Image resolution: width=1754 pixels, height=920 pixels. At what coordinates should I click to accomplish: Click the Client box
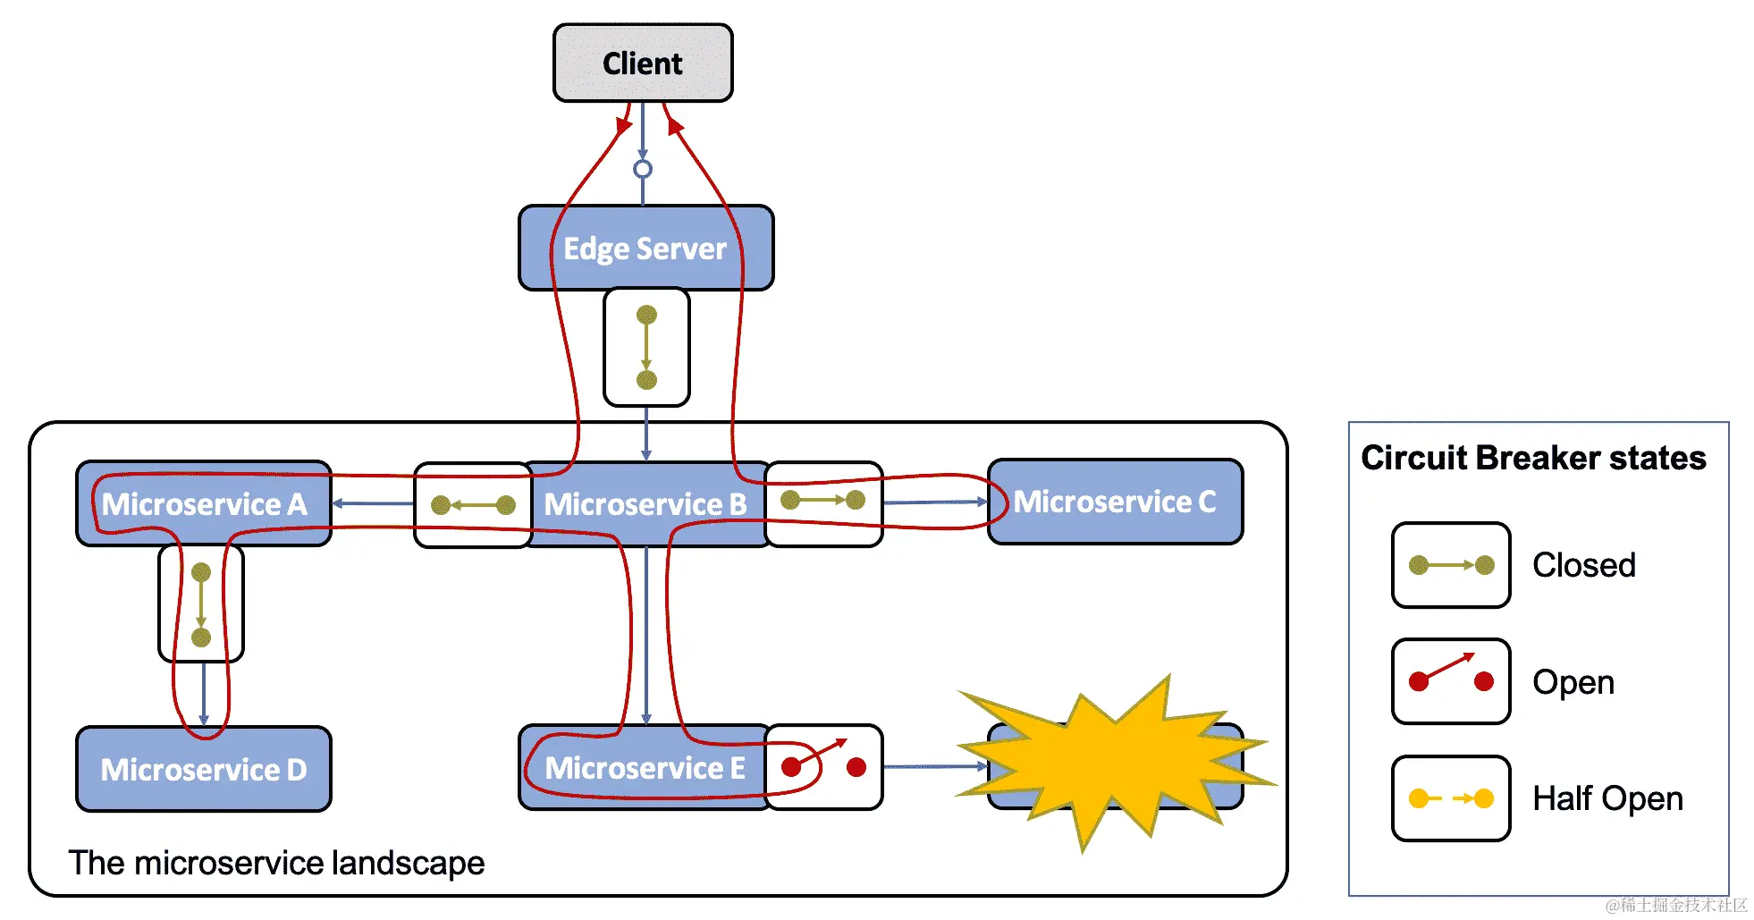(x=643, y=63)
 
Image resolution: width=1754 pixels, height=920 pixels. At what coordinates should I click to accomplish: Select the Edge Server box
(x=645, y=248)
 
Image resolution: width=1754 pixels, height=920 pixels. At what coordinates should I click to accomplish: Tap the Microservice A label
(x=204, y=504)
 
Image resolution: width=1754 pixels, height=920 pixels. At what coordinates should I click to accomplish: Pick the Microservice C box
(x=1115, y=502)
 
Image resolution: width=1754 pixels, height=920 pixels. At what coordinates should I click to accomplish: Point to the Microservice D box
(x=204, y=769)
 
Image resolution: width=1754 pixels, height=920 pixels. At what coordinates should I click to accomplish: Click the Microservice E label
(x=645, y=768)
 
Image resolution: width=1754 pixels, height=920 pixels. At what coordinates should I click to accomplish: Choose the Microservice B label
(x=645, y=504)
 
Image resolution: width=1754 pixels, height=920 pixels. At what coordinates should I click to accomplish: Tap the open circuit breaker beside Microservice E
(x=824, y=767)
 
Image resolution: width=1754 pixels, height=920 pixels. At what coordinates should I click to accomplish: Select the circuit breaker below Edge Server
(x=646, y=347)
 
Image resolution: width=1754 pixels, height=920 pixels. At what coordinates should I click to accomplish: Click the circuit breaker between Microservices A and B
(x=473, y=505)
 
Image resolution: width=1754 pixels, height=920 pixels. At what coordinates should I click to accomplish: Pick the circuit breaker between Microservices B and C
(x=823, y=503)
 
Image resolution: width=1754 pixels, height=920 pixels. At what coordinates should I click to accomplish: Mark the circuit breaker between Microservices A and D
(x=201, y=603)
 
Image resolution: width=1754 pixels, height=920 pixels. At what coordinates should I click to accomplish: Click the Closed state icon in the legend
(x=1451, y=565)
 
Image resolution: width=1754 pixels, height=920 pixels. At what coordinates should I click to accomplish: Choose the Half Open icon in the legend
(x=1451, y=798)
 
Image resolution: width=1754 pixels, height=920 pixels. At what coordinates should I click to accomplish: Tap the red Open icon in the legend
(x=1451, y=681)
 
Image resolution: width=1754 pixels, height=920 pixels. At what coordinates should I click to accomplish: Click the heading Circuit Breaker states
(x=1533, y=458)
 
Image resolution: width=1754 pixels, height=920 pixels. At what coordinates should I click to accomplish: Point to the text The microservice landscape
(x=276, y=863)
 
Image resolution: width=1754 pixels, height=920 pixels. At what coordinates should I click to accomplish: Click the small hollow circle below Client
(x=643, y=169)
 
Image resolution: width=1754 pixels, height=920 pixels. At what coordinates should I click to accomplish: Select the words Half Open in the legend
(x=1607, y=798)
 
